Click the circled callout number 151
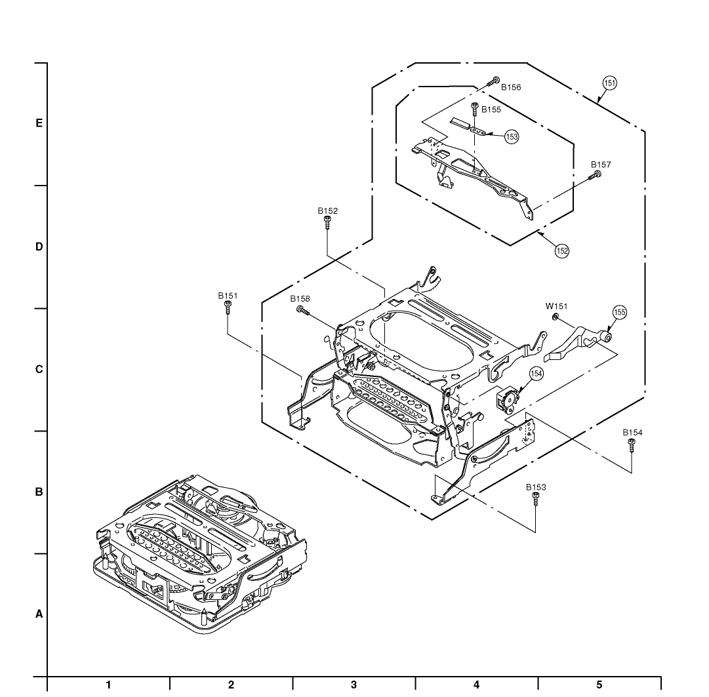point(609,83)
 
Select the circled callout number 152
point(561,250)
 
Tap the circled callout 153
point(511,136)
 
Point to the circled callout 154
point(537,373)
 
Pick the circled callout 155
point(619,313)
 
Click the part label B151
point(228,296)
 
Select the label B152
point(328,211)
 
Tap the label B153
point(535,487)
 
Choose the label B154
point(632,433)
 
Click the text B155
point(491,110)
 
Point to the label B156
point(511,87)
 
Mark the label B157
point(600,165)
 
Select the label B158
point(300,298)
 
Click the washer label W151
point(556,306)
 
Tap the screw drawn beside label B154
point(631,445)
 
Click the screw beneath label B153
point(535,499)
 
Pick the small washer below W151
point(555,317)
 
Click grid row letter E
point(39,123)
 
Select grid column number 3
point(354,685)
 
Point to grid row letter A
point(39,614)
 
